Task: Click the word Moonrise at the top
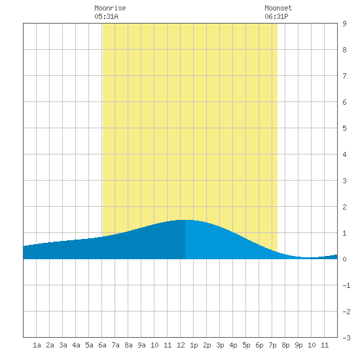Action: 110,8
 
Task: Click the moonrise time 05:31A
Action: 106,16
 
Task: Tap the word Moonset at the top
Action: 278,8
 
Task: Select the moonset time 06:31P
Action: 276,16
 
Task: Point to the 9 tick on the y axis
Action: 344,24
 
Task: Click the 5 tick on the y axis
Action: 344,128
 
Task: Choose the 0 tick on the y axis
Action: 344,259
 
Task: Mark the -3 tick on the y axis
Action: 347,338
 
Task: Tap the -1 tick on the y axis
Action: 347,285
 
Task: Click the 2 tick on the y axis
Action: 344,207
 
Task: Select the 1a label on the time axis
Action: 37,345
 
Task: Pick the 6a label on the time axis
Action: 102,345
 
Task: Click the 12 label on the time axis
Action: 181,345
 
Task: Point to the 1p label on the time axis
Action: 194,345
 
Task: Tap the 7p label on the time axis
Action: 272,345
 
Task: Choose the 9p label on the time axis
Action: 298,345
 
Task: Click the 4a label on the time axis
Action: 76,345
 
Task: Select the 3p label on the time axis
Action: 220,345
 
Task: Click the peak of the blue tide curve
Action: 185,220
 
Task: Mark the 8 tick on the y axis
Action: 344,50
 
